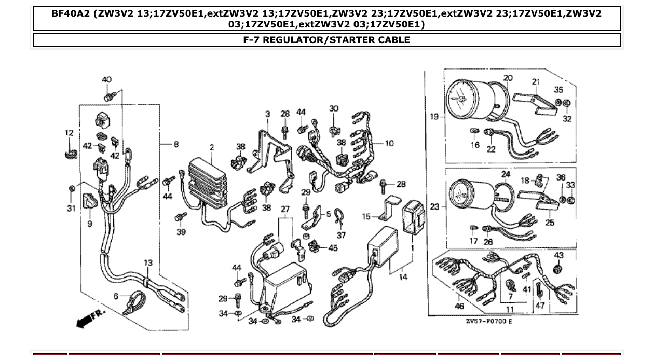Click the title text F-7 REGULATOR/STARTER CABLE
click(326, 40)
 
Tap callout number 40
click(106, 80)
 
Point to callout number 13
click(148, 263)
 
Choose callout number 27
click(285, 209)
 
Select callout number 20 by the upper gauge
click(508, 78)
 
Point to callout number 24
click(506, 174)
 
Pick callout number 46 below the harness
click(459, 306)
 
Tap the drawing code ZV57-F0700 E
click(488, 322)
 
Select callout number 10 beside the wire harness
click(389, 143)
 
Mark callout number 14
click(403, 277)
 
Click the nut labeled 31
click(72, 189)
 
